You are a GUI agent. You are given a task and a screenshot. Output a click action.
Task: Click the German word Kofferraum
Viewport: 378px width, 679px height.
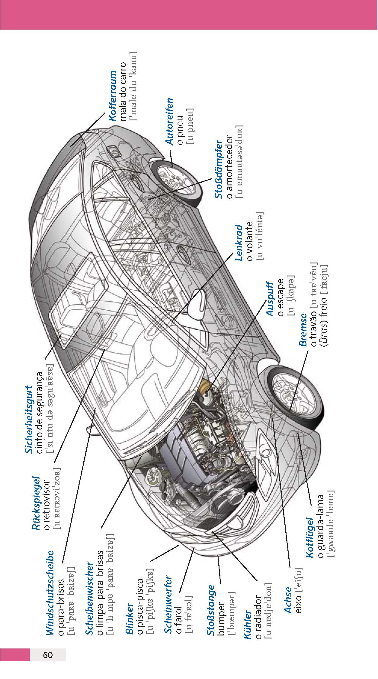click(x=112, y=96)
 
